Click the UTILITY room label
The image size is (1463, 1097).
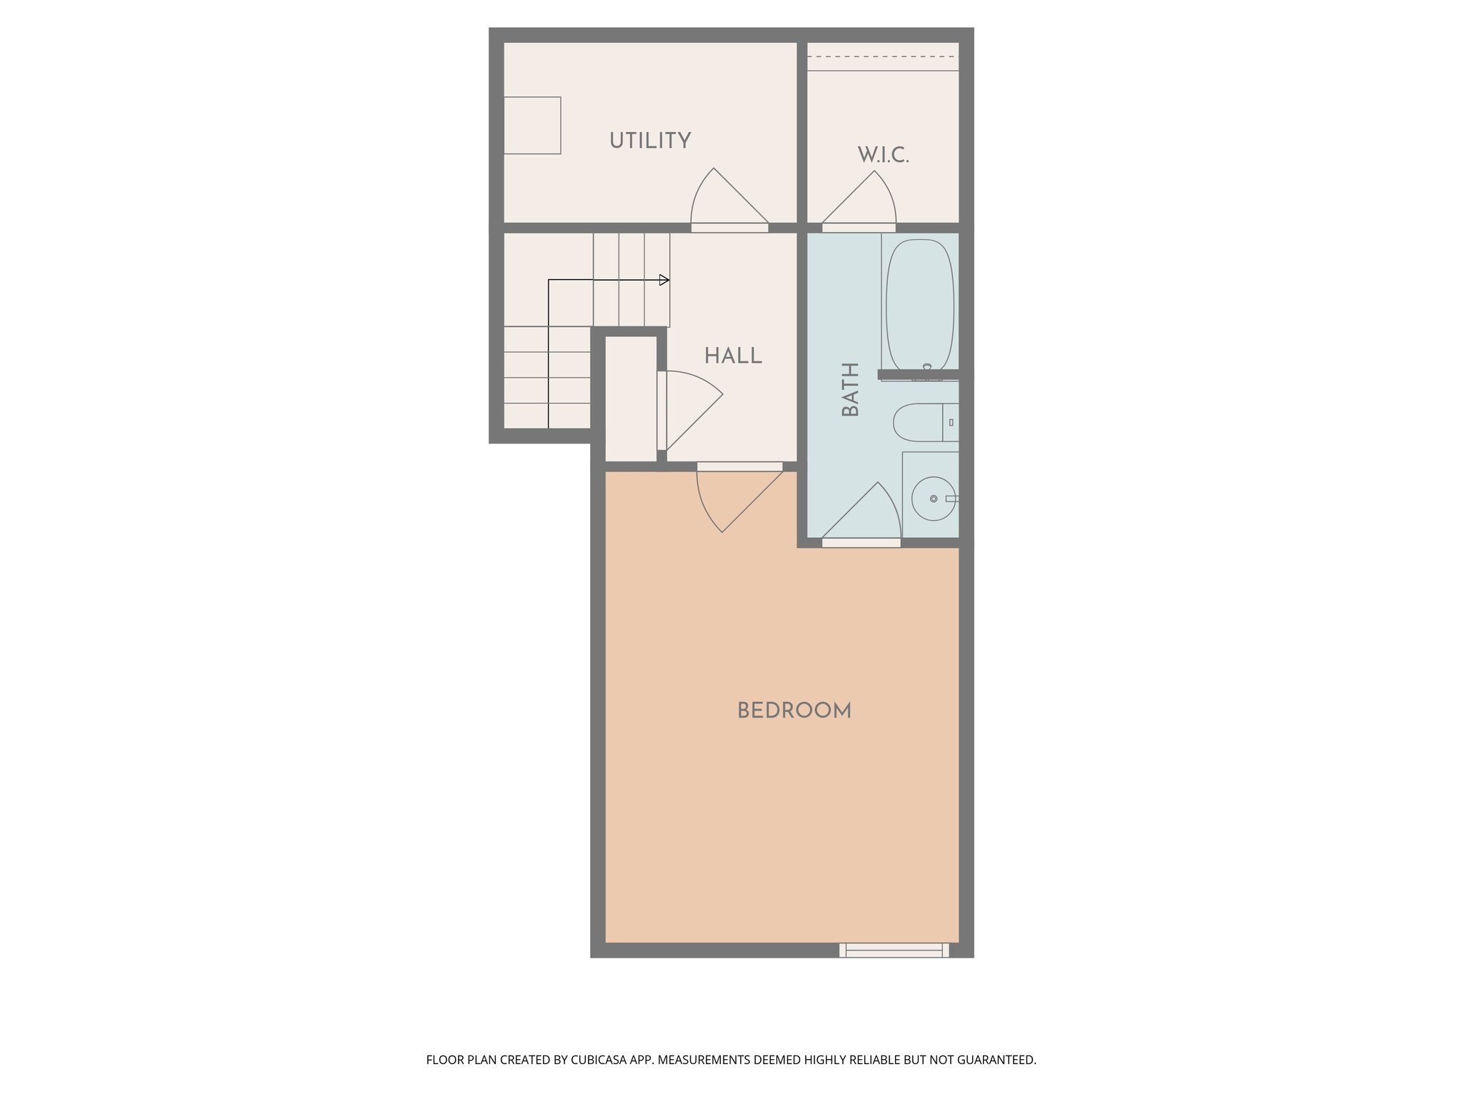click(650, 141)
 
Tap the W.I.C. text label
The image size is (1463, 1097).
click(883, 155)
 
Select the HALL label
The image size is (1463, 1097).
click(733, 356)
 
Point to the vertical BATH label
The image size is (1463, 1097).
click(850, 389)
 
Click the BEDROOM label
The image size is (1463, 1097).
click(794, 711)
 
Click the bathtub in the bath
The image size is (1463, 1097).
click(919, 304)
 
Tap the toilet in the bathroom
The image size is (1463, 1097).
click(924, 422)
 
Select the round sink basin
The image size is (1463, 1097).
click(933, 499)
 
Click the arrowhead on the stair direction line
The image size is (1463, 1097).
click(664, 280)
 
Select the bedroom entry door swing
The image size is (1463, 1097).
click(731, 500)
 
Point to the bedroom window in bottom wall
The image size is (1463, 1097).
click(894, 950)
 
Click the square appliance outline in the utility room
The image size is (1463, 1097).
click(532, 126)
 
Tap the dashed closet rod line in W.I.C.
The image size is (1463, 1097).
click(883, 56)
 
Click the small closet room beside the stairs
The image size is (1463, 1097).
click(631, 399)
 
